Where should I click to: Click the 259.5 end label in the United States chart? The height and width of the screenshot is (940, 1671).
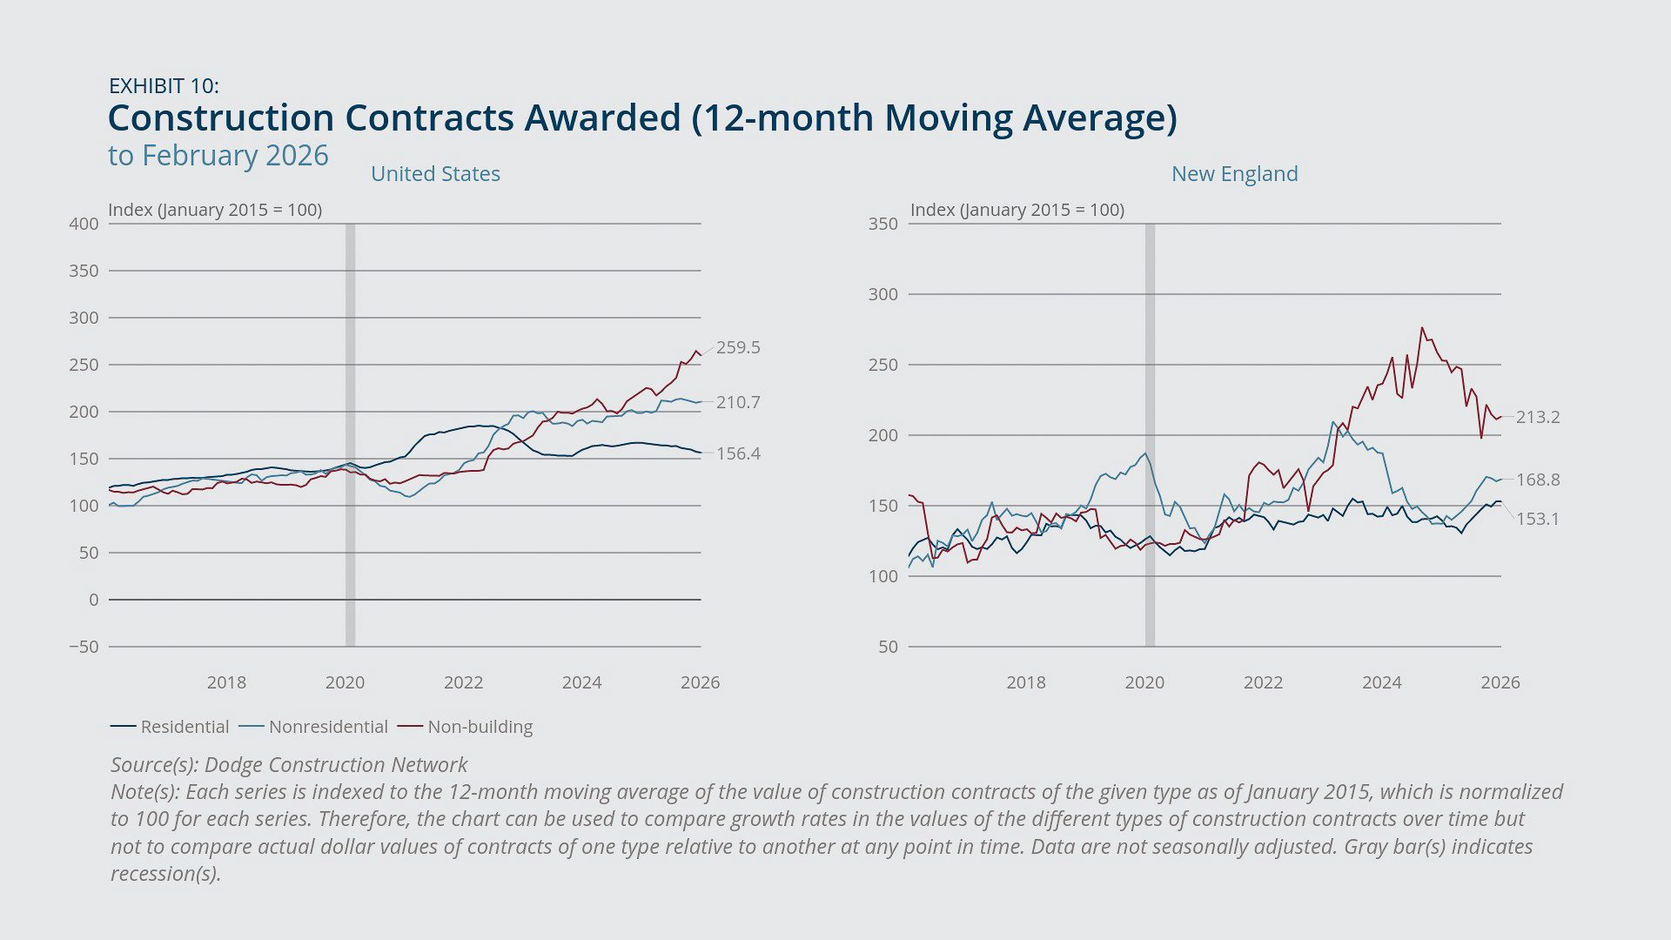pos(738,347)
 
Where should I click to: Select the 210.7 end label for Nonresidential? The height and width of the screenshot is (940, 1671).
pos(738,402)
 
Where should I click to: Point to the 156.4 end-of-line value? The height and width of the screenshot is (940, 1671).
pos(738,453)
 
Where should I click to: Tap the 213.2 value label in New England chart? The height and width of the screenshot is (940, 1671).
pos(1538,417)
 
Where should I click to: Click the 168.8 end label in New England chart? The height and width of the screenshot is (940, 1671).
pos(1538,480)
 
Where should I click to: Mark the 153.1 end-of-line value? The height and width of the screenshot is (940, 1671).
pos(1538,519)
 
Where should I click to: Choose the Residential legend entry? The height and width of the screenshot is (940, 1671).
pos(171,727)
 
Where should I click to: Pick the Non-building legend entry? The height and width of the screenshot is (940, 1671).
pos(466,727)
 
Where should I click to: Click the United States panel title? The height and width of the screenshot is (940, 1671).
pos(435,173)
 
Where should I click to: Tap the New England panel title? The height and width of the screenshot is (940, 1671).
pos(1234,173)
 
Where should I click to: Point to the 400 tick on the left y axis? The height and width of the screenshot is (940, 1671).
pos(84,224)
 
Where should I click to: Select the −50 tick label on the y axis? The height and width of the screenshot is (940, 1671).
pos(84,647)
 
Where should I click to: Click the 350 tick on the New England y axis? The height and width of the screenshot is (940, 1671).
pos(882,224)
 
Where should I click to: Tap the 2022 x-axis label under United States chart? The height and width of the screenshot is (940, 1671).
pos(463,682)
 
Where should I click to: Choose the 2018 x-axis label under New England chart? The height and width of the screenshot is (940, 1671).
pos(1026,682)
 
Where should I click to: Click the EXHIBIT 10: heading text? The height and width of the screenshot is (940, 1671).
pos(164,85)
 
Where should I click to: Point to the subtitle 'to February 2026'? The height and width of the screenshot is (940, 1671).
pos(218,155)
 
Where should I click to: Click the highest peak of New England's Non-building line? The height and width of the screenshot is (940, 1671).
pos(1422,328)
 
